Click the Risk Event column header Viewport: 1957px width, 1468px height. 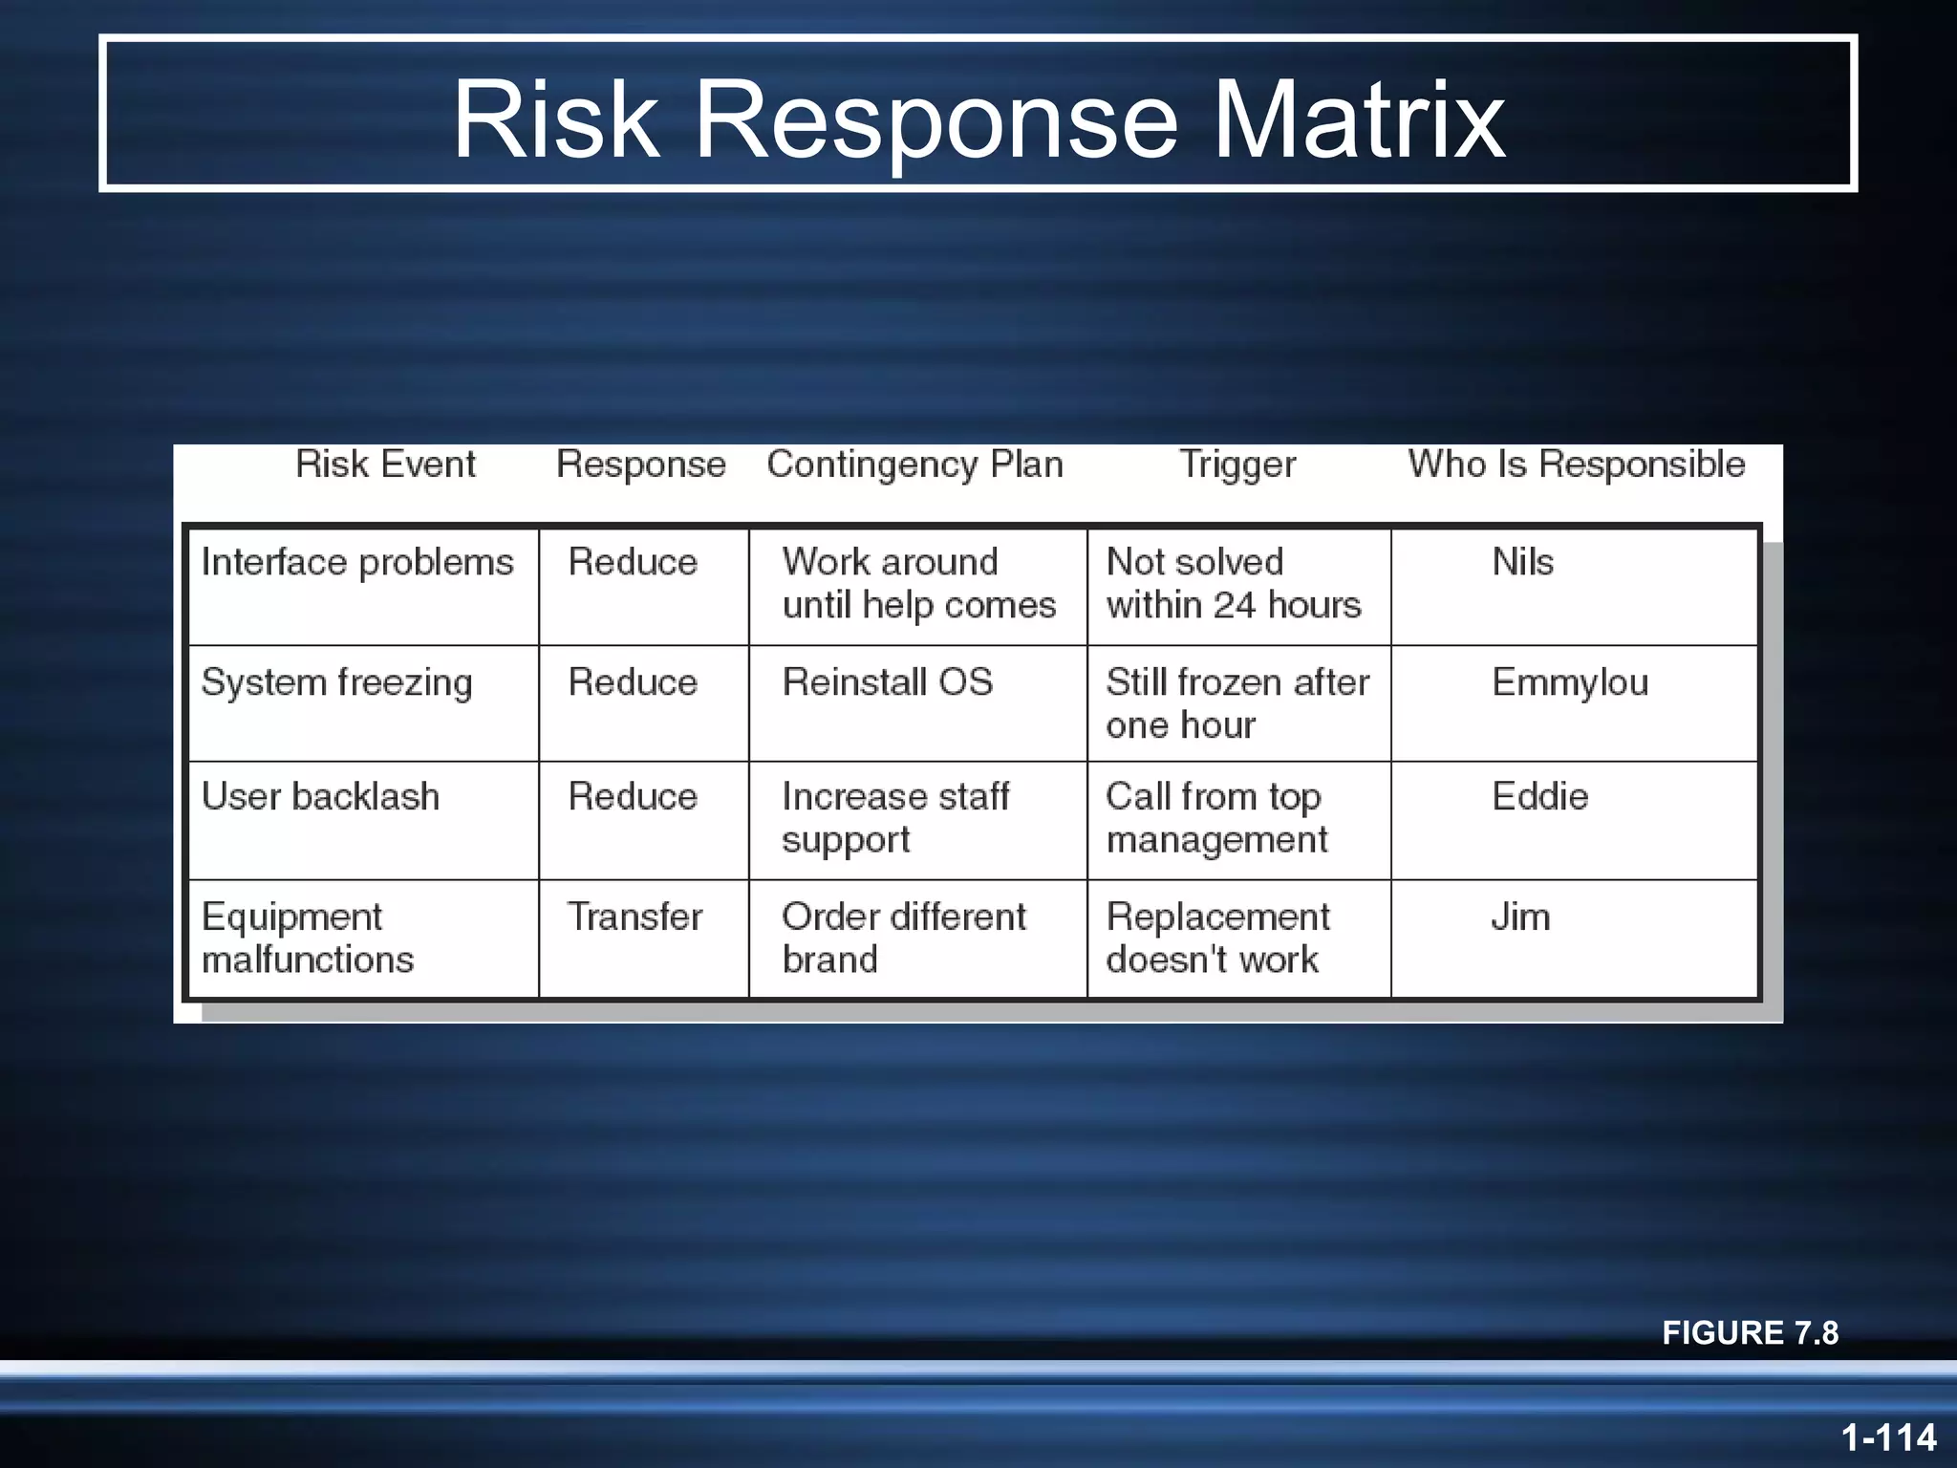click(x=385, y=464)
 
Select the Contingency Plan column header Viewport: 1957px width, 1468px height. click(x=914, y=464)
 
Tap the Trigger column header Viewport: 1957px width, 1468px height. click(x=1237, y=464)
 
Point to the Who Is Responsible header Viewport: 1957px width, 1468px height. click(x=1576, y=464)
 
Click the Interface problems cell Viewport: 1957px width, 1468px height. click(x=357, y=563)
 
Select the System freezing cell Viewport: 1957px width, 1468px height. click(x=336, y=683)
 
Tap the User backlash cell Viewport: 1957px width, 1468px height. click(x=320, y=797)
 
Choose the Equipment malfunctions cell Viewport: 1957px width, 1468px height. click(x=308, y=938)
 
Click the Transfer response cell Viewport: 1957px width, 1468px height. click(x=634, y=917)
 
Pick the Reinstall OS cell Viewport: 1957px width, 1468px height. click(x=887, y=683)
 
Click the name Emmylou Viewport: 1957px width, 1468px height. click(x=1570, y=683)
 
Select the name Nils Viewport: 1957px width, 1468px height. click(x=1522, y=563)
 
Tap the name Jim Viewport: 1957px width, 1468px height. click(x=1520, y=917)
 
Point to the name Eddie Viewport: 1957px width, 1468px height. click(x=1539, y=797)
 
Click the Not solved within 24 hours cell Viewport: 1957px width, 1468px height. click(x=1233, y=584)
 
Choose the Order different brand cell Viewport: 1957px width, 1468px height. click(x=903, y=938)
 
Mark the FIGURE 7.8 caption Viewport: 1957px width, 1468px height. click(x=1750, y=1332)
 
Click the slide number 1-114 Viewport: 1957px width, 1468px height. click(x=1888, y=1437)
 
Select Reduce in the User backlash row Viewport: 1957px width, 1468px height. click(x=633, y=797)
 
